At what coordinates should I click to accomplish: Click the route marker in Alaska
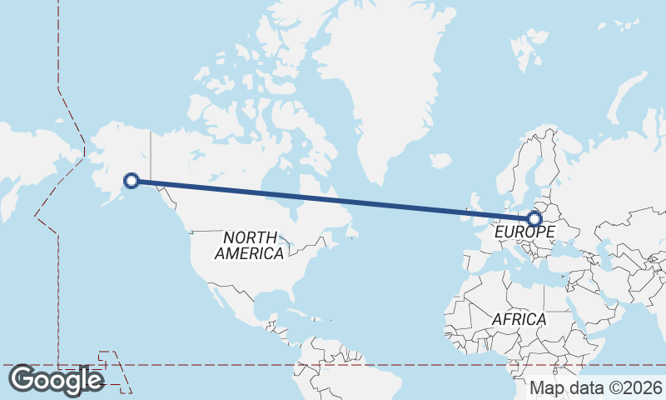coord(131,179)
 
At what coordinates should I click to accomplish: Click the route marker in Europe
coord(534,219)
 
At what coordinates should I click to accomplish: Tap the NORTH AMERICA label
coord(249,246)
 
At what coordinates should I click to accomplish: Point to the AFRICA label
coord(519,319)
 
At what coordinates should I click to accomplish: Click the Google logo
coord(56,380)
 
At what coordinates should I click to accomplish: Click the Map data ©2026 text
coord(596,387)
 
